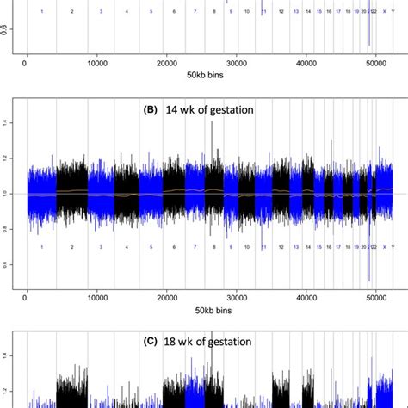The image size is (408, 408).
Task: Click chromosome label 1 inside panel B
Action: click(41, 248)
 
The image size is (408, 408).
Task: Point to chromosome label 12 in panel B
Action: click(281, 248)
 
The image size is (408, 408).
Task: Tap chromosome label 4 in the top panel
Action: click(127, 12)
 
